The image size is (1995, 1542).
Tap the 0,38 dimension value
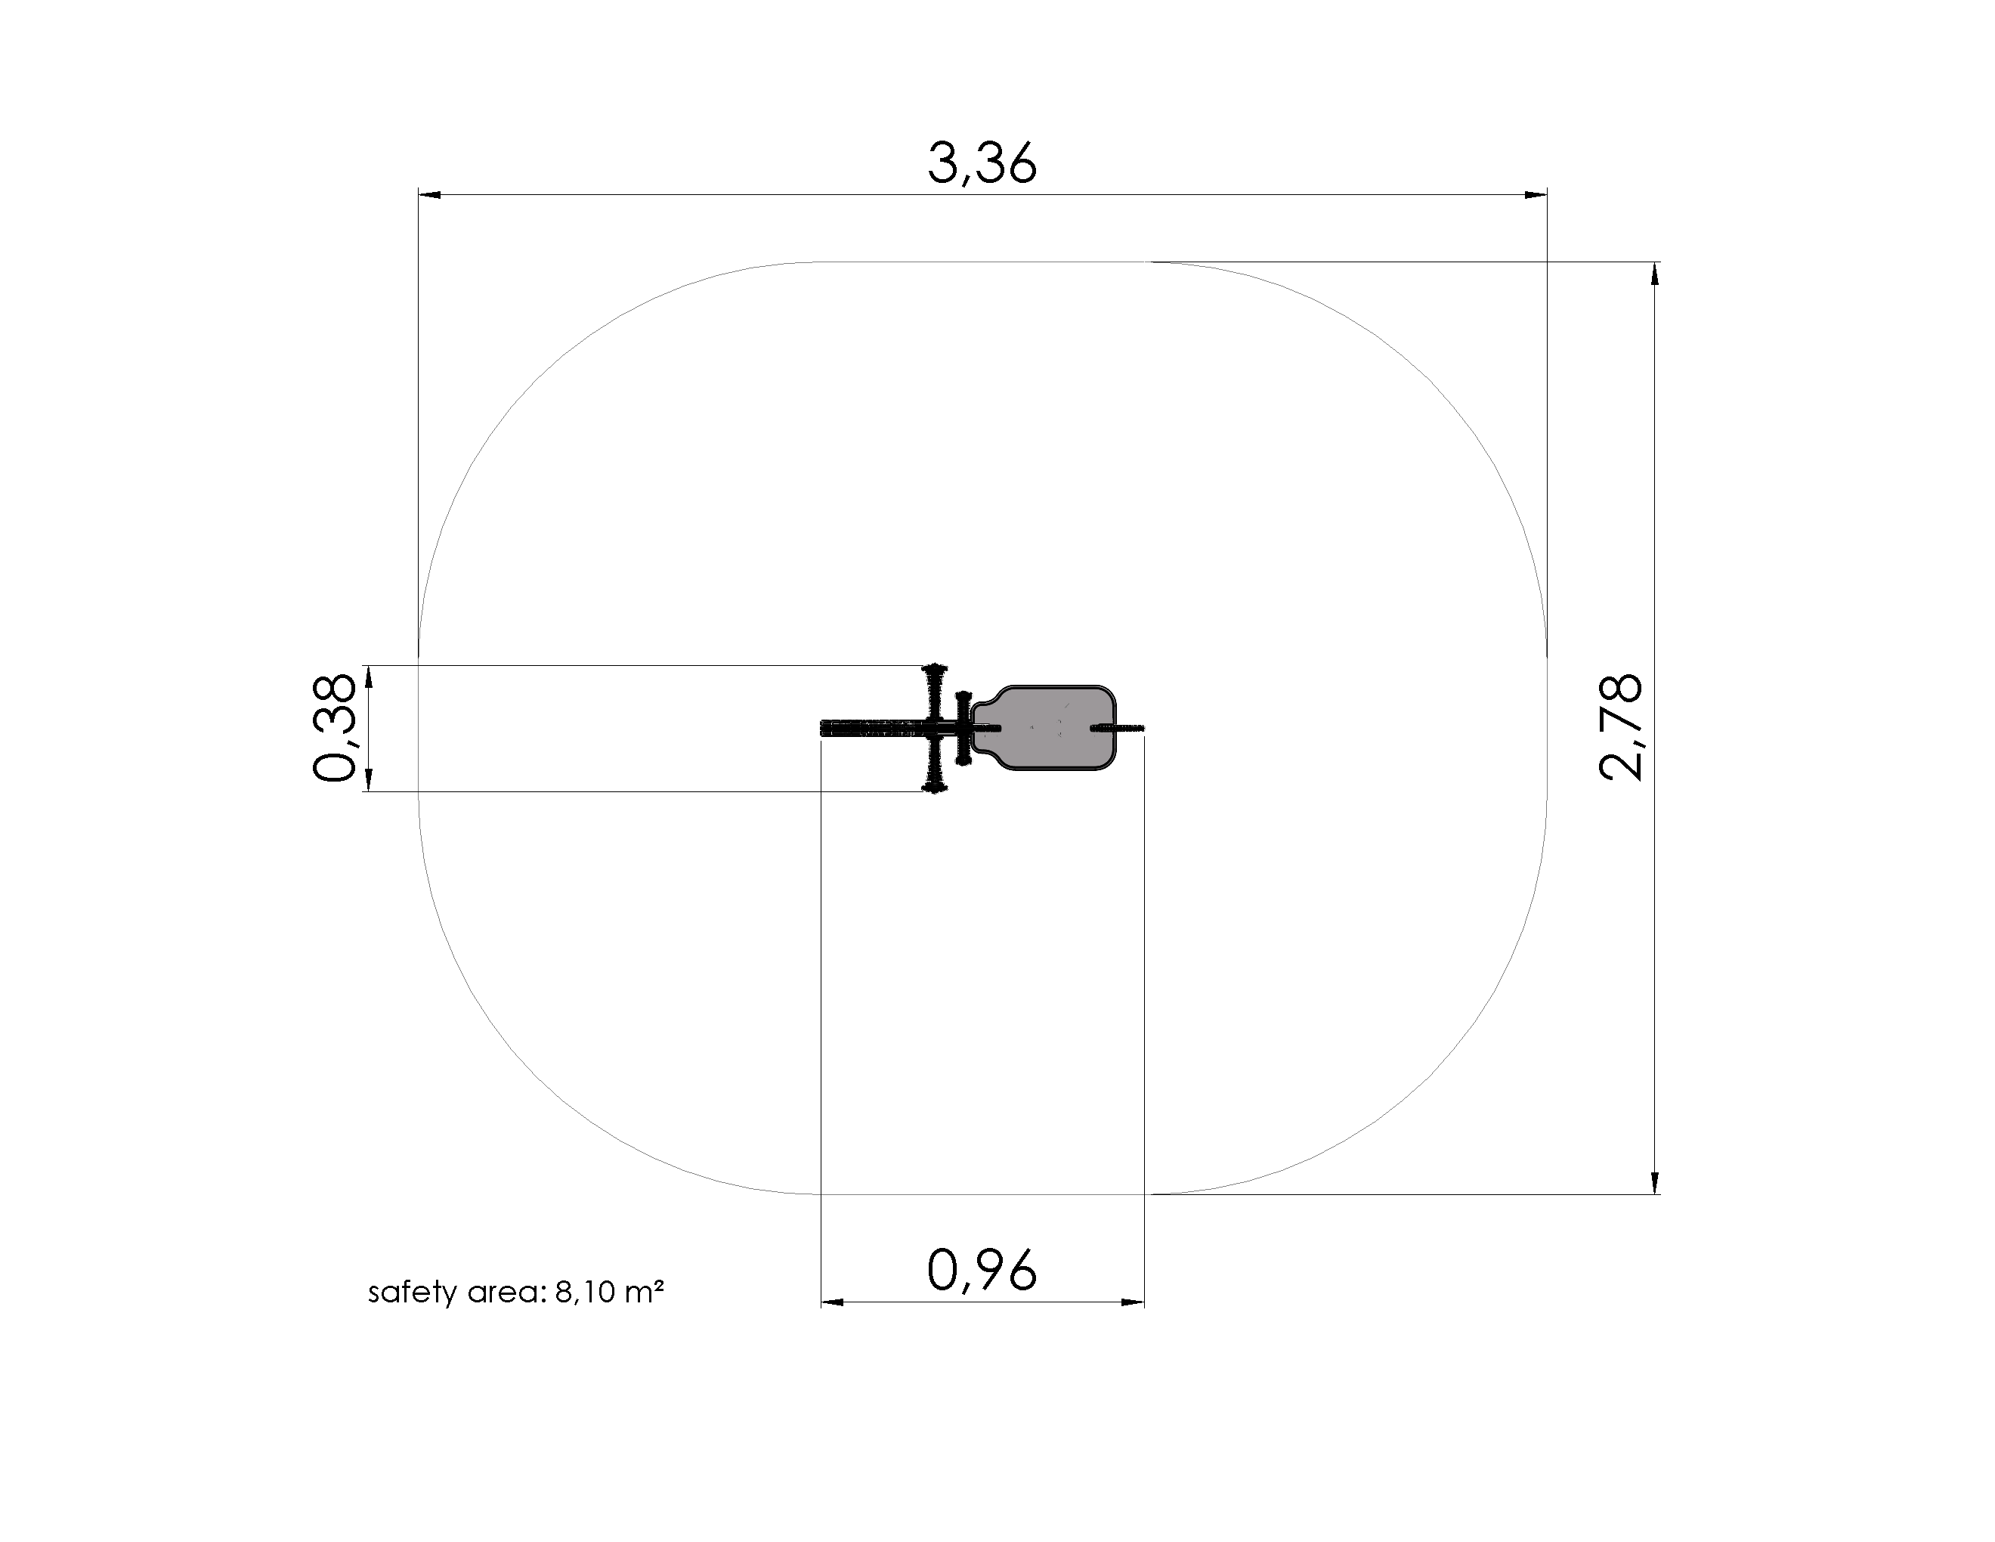coord(333,728)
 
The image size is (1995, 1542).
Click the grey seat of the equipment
coord(1044,727)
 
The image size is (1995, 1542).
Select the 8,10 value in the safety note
coord(585,1293)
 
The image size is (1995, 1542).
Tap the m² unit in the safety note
coord(645,1292)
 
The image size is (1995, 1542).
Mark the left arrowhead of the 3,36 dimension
coord(430,194)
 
